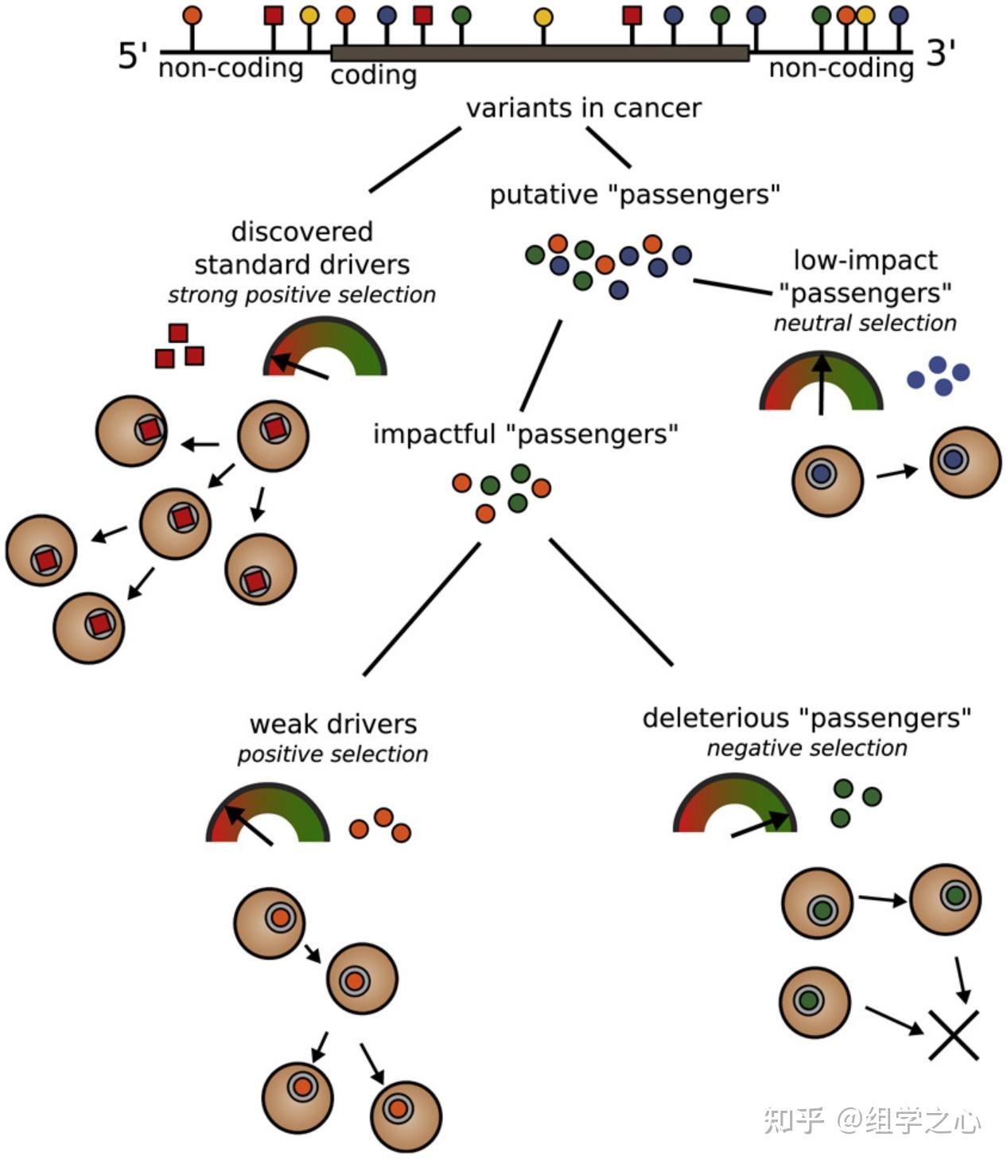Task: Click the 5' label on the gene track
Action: point(133,56)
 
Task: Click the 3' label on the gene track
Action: point(941,53)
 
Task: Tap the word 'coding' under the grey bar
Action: point(373,76)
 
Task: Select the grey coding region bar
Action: point(539,53)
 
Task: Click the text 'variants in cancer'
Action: point(583,108)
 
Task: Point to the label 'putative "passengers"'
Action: point(634,195)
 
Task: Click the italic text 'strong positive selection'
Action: point(301,295)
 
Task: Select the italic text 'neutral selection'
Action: point(865,323)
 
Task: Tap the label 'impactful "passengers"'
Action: point(525,434)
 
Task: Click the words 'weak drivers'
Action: point(333,724)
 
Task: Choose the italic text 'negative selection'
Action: point(807,748)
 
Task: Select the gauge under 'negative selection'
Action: point(734,807)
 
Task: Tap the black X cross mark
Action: point(953,1034)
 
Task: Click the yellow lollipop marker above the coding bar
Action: point(543,18)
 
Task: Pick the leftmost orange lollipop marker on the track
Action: point(192,15)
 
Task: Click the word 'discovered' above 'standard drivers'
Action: point(301,232)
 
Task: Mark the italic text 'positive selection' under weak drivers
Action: point(332,754)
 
